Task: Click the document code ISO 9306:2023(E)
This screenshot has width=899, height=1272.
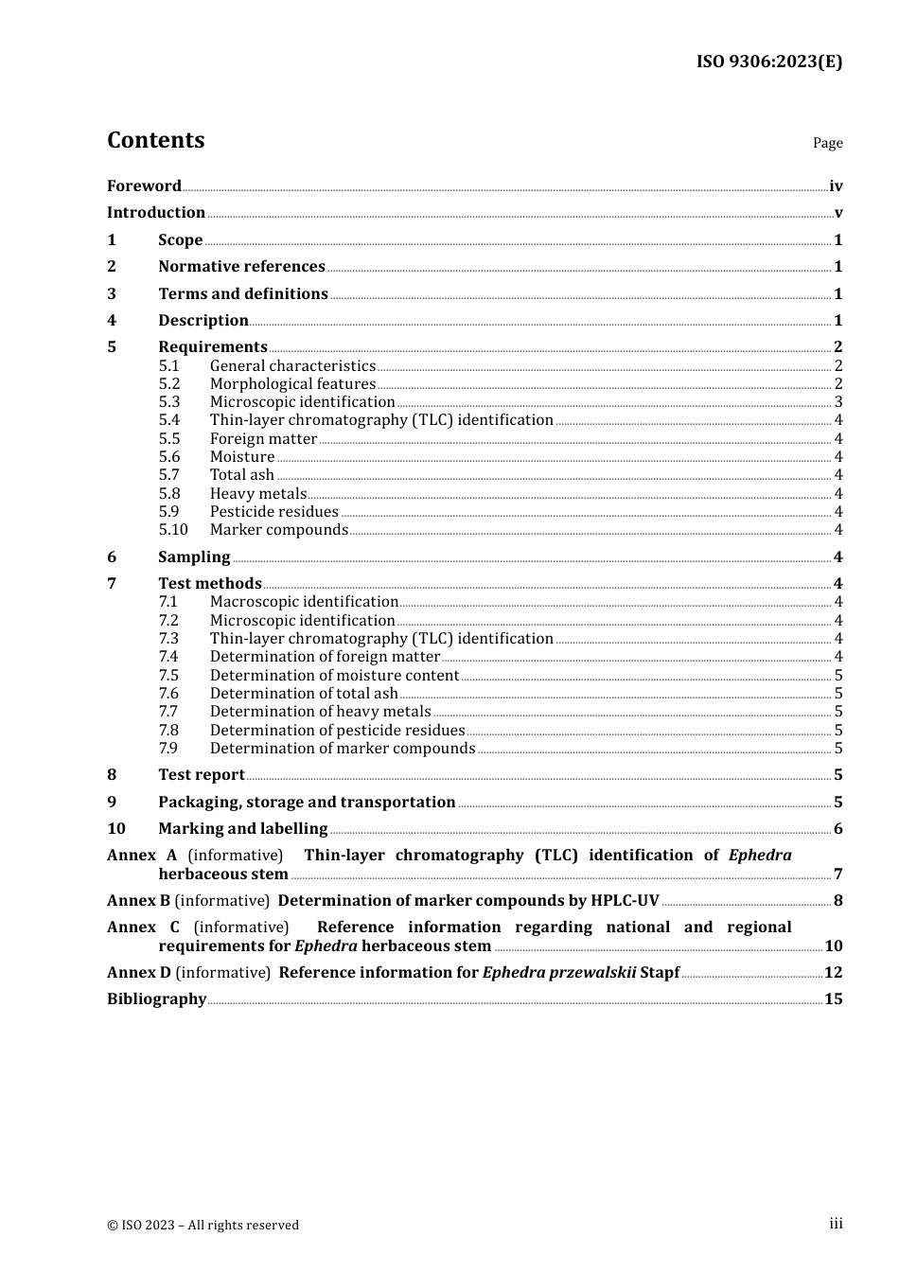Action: pos(768,62)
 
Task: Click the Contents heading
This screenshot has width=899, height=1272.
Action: pos(155,140)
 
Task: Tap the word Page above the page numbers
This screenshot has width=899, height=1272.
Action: pos(827,143)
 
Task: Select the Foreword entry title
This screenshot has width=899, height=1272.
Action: pos(144,185)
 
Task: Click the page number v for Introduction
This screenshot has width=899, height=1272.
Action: pos(837,213)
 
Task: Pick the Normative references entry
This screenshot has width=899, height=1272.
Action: pos(241,267)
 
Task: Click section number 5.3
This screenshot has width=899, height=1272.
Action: pos(168,402)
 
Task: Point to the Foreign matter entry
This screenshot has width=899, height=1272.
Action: pos(263,439)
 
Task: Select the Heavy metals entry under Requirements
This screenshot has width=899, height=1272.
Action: pos(258,494)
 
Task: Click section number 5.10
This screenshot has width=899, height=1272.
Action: pos(173,530)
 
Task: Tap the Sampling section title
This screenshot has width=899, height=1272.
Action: pos(194,557)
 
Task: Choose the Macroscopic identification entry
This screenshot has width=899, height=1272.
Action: pos(304,602)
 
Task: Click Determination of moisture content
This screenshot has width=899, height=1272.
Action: pos(334,676)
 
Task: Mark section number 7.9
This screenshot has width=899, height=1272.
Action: pos(168,749)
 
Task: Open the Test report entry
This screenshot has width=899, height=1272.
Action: pos(202,775)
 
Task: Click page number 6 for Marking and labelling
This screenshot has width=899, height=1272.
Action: pos(837,829)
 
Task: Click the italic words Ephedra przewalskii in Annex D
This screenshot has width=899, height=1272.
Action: pos(558,973)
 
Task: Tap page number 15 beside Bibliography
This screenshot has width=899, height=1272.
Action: pos(833,999)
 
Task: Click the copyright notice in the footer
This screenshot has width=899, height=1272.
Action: pos(203,1226)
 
